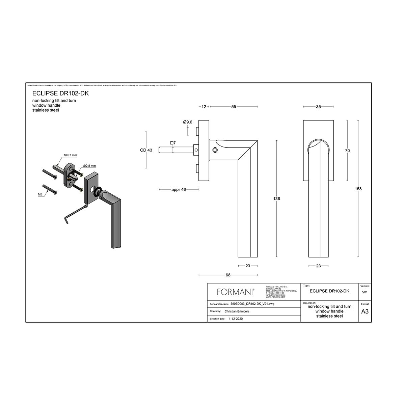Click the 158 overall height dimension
pos(358,189)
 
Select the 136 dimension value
pos(276,199)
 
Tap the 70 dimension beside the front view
pos(347,151)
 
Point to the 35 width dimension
pos(318,107)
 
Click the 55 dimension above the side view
pos(234,107)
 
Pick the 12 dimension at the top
pos(204,107)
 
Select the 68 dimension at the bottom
pos(228,275)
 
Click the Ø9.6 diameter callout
pos(187,122)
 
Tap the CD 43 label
pos(146,150)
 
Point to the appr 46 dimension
pos(179,190)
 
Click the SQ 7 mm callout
pos(71,155)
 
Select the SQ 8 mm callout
pos(89,166)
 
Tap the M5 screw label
pos(40,194)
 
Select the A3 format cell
pos(365,312)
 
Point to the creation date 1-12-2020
pos(236,319)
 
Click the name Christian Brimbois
pos(237,311)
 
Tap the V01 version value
pos(365,292)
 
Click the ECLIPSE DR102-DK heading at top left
pos(60,93)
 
